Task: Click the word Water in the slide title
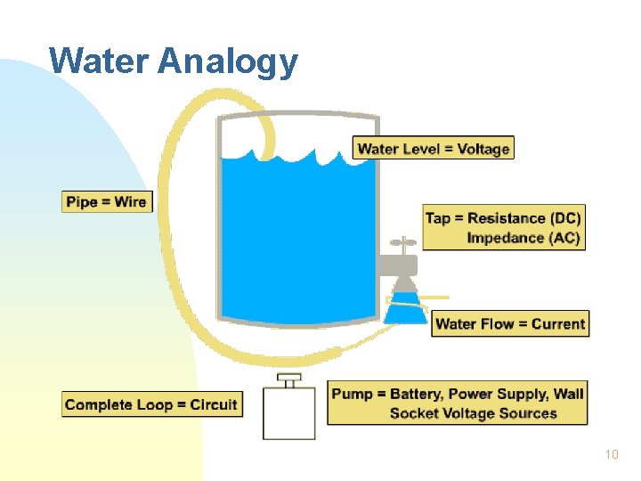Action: pyautogui.click(x=99, y=61)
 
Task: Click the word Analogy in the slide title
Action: pyautogui.click(x=228, y=62)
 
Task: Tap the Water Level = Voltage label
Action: pyautogui.click(x=434, y=148)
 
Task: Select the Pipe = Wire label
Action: pyautogui.click(x=106, y=201)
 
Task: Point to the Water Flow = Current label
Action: pyautogui.click(x=510, y=323)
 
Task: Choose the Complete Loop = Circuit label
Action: pyautogui.click(x=151, y=404)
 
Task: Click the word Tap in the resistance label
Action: pyautogui.click(x=438, y=218)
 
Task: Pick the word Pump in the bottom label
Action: pyautogui.click(x=351, y=394)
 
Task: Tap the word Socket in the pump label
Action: pyautogui.click(x=416, y=413)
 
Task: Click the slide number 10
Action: pyautogui.click(x=611, y=455)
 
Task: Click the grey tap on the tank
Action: pyautogui.click(x=397, y=265)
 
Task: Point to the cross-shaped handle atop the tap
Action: pyautogui.click(x=403, y=242)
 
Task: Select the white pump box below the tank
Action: pyautogui.click(x=288, y=413)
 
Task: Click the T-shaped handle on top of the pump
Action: pyautogui.click(x=288, y=379)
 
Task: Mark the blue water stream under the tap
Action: pyautogui.click(x=404, y=303)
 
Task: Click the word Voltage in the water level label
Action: pyautogui.click(x=483, y=148)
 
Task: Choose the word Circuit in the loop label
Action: pyautogui.click(x=214, y=404)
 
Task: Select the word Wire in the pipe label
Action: pyautogui.click(x=130, y=201)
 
